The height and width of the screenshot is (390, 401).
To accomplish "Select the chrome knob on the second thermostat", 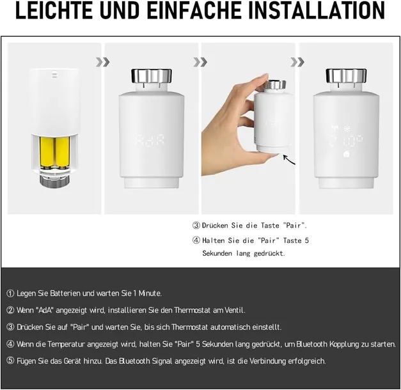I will click(152, 76).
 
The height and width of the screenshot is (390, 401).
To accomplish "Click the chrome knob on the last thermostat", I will click(346, 76).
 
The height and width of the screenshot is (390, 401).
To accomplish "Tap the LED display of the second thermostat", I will click(151, 140).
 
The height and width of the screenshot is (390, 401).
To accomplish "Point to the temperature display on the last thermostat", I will click(345, 140).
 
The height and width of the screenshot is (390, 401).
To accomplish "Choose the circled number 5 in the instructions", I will click(10, 361).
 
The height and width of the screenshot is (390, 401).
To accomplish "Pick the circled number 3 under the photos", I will click(196, 226).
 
